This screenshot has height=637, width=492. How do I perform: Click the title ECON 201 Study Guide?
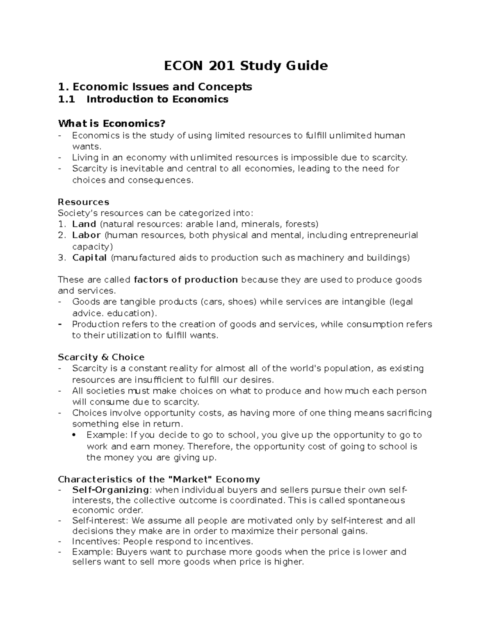pos(246,66)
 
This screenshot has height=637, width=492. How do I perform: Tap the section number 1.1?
pos(67,99)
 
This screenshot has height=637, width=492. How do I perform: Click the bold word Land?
pos(84,224)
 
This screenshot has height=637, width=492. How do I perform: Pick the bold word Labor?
pos(87,235)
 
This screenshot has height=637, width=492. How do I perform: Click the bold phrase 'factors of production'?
pos(186,280)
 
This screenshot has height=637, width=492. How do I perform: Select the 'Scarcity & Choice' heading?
pos(101,357)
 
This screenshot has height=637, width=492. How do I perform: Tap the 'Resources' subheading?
pos(84,202)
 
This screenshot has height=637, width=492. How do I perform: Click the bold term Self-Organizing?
pos(110,490)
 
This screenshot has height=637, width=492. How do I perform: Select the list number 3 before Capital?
pos(61,258)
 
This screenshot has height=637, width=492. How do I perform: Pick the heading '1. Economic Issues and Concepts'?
pos(155,87)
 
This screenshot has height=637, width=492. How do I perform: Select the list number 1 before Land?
pos(61,224)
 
